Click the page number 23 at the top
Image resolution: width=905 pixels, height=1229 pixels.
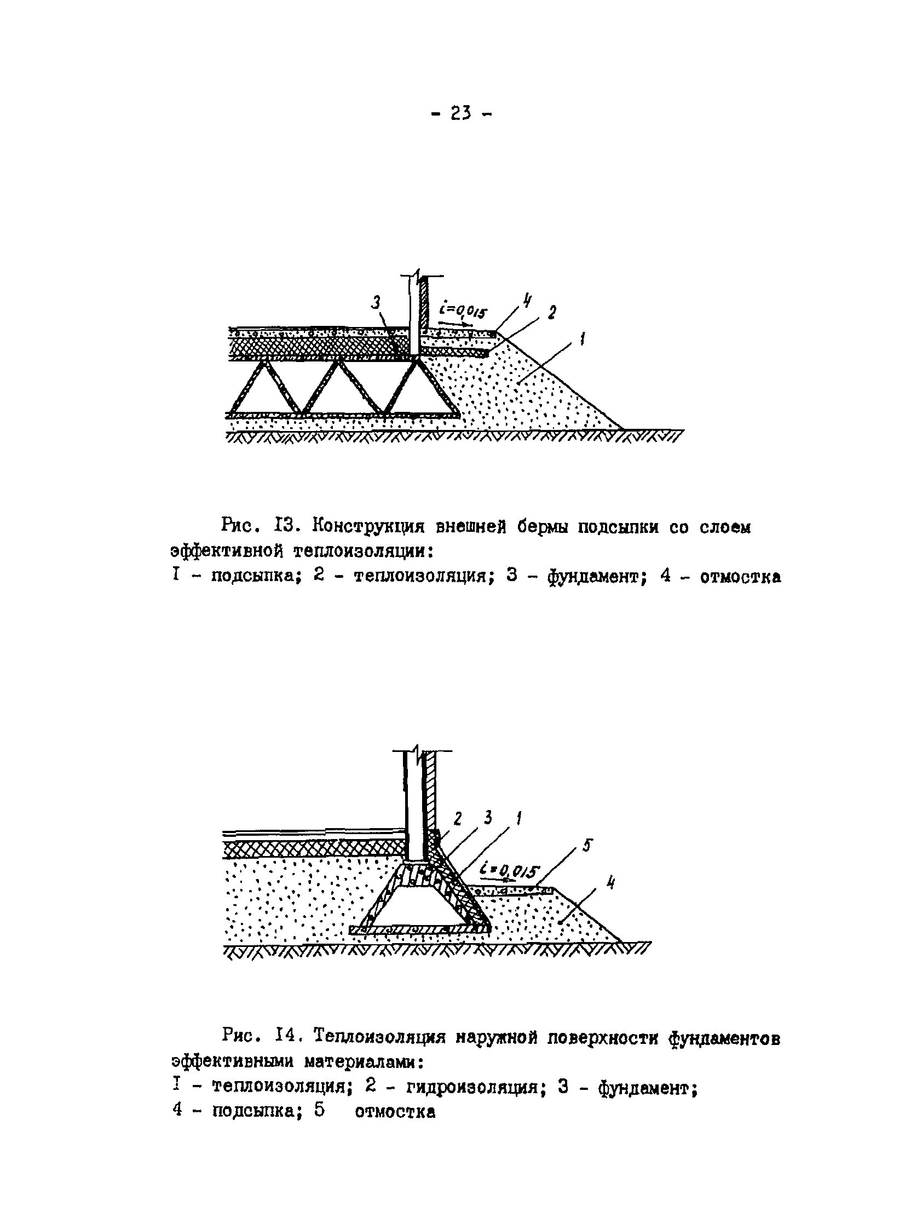tap(461, 114)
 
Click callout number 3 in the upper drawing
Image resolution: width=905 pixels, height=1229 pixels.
tap(376, 302)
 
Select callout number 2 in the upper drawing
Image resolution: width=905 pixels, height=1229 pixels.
tap(552, 312)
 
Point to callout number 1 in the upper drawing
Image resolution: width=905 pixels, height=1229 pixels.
tap(581, 340)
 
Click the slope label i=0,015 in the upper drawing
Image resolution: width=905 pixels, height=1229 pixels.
tap(462, 313)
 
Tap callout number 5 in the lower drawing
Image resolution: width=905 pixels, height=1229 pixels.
tap(586, 846)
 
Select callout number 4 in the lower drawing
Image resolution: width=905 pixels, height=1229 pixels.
tap(610, 883)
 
